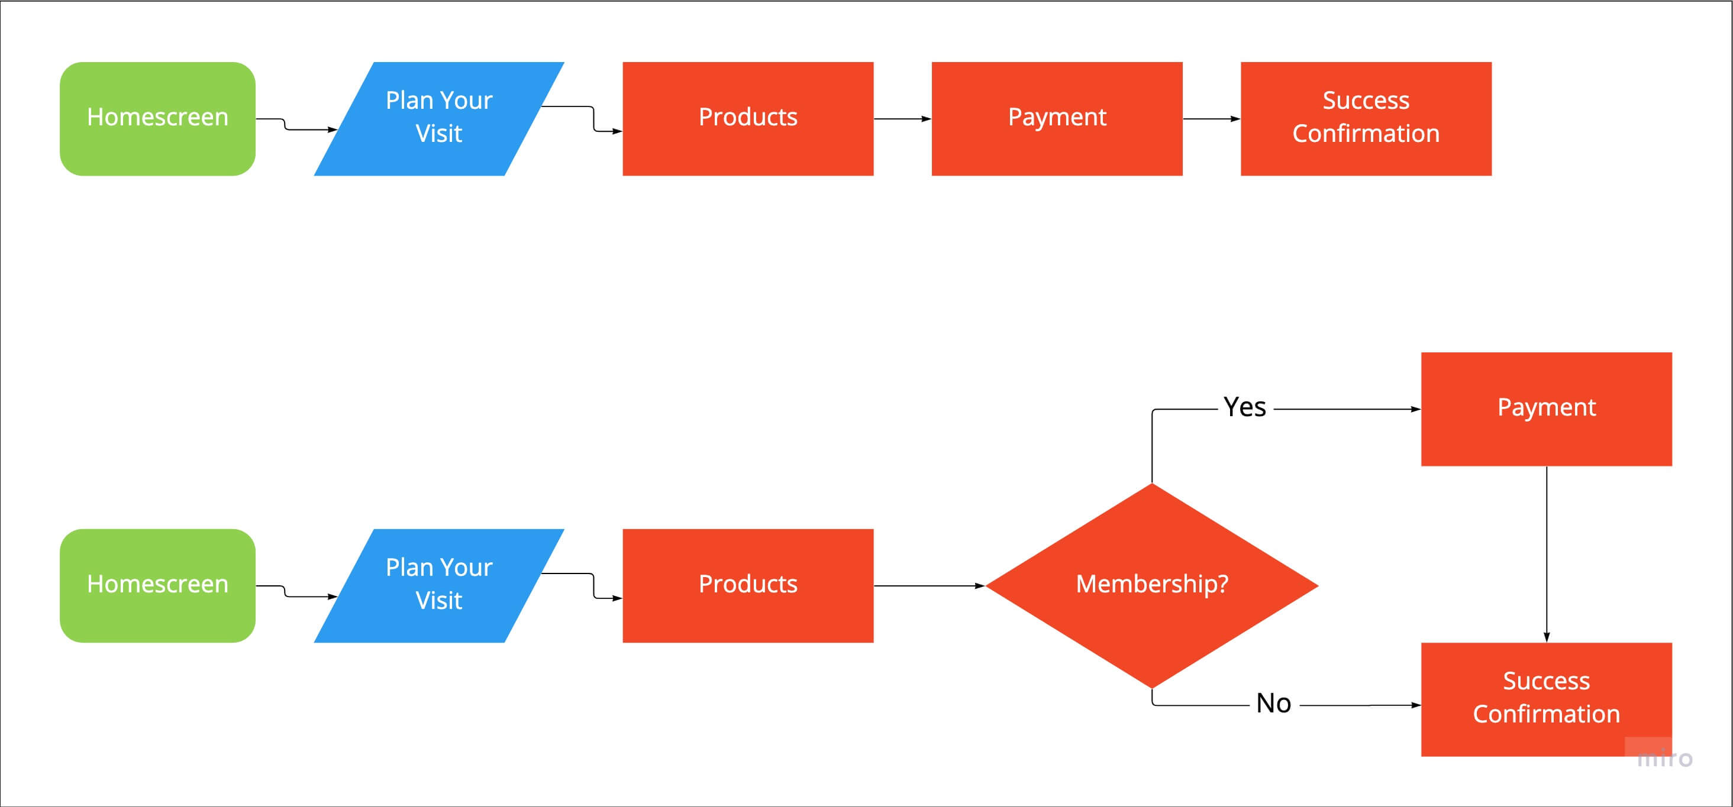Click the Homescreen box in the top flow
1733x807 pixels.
157,118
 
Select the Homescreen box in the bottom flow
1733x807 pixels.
157,585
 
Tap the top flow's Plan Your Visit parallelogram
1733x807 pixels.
438,118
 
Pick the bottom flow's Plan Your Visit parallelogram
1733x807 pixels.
438,585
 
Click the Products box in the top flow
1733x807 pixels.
748,118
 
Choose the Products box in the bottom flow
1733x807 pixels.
748,585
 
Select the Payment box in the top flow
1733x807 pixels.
1057,118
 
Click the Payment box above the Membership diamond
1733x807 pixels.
1546,409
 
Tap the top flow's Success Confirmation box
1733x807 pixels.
1366,118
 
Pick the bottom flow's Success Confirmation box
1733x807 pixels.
1546,699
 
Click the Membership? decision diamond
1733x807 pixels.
1152,585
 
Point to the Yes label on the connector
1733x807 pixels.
1245,407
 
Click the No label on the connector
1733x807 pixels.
1273,704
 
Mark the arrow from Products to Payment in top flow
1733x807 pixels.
902,119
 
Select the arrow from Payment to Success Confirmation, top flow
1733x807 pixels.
1212,119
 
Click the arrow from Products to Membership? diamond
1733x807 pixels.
930,586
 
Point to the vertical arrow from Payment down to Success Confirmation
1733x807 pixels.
1547,554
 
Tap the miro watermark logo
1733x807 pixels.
1664,759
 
